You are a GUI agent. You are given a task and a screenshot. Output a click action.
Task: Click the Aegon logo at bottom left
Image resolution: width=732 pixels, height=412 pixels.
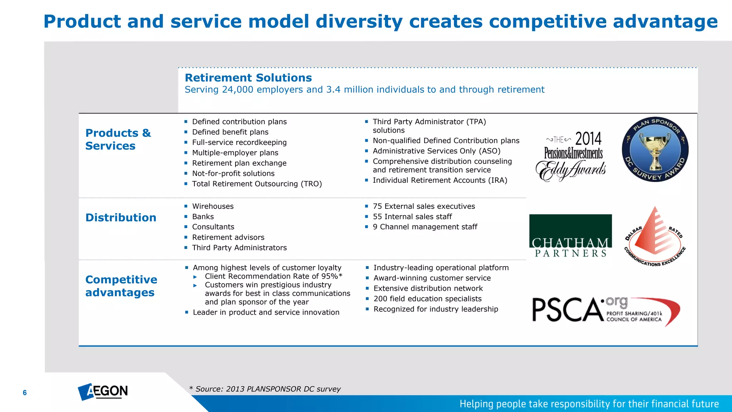pyautogui.click(x=103, y=391)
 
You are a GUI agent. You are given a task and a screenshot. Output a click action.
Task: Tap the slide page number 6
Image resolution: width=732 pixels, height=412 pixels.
pyautogui.click(x=25, y=393)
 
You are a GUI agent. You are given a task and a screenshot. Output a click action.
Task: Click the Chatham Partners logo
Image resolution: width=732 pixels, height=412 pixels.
pyautogui.click(x=570, y=236)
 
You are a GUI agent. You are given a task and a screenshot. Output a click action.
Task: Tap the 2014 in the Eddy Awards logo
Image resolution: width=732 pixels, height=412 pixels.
pyautogui.click(x=588, y=139)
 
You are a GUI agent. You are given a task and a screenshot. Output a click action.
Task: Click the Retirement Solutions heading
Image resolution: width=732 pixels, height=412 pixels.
pyautogui.click(x=248, y=78)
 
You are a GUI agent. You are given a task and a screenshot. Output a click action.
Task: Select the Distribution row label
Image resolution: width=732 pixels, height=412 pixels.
pyautogui.click(x=121, y=217)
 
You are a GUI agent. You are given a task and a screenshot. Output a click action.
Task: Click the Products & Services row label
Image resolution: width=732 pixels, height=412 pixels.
pyautogui.click(x=118, y=139)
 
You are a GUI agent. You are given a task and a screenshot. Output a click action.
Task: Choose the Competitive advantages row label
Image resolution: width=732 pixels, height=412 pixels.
pyautogui.click(x=121, y=286)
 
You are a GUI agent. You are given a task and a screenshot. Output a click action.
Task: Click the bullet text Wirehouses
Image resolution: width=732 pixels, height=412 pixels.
pyautogui.click(x=213, y=206)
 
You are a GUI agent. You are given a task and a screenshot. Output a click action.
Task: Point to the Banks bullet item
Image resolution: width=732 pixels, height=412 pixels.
pyautogui.click(x=203, y=217)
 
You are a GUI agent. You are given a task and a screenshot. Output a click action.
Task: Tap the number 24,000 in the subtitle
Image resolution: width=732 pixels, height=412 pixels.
pyautogui.click(x=238, y=89)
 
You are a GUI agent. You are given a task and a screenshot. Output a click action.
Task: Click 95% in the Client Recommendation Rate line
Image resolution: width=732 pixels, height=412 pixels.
pyautogui.click(x=329, y=276)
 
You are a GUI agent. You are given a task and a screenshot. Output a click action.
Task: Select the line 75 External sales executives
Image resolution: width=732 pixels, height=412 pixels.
pyautogui.click(x=424, y=206)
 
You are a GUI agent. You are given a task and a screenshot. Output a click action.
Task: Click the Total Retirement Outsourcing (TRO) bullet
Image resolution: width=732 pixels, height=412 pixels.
pyautogui.click(x=257, y=184)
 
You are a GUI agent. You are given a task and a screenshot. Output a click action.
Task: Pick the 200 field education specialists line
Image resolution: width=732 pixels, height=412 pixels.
pyautogui.click(x=427, y=299)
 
